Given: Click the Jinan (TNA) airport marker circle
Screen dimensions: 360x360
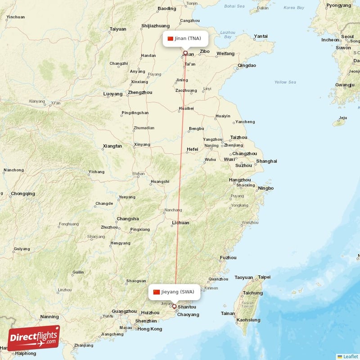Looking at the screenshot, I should pos(185,53).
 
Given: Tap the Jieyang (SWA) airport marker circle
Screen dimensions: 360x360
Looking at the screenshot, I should pos(175,306).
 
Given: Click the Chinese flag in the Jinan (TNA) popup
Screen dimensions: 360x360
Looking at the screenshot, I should pos(170,39).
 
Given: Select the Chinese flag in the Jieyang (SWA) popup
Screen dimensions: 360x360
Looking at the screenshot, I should pos(157,292).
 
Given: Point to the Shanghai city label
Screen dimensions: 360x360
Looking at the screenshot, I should pos(266,161).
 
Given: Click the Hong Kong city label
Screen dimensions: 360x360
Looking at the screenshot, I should pos(149,329).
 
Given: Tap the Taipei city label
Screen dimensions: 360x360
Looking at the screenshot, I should pos(264,277).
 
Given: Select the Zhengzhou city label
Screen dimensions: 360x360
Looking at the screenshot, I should pos(140,93).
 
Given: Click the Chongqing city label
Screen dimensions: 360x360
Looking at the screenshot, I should pos(23,193).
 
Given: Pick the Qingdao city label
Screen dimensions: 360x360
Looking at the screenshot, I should pos(247,65).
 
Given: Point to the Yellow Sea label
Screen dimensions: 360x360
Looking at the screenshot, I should pos(285,82).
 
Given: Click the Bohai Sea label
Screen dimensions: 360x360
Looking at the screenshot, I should pos(234,6).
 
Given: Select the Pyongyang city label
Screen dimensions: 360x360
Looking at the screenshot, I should pos(339,5).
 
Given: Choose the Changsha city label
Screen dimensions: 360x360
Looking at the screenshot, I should pos(127,219).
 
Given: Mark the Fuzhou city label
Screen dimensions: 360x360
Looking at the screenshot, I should pos(228,258).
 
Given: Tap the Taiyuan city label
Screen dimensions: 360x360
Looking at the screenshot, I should pos(118,29).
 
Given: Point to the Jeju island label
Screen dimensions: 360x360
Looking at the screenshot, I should pos(343,118).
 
